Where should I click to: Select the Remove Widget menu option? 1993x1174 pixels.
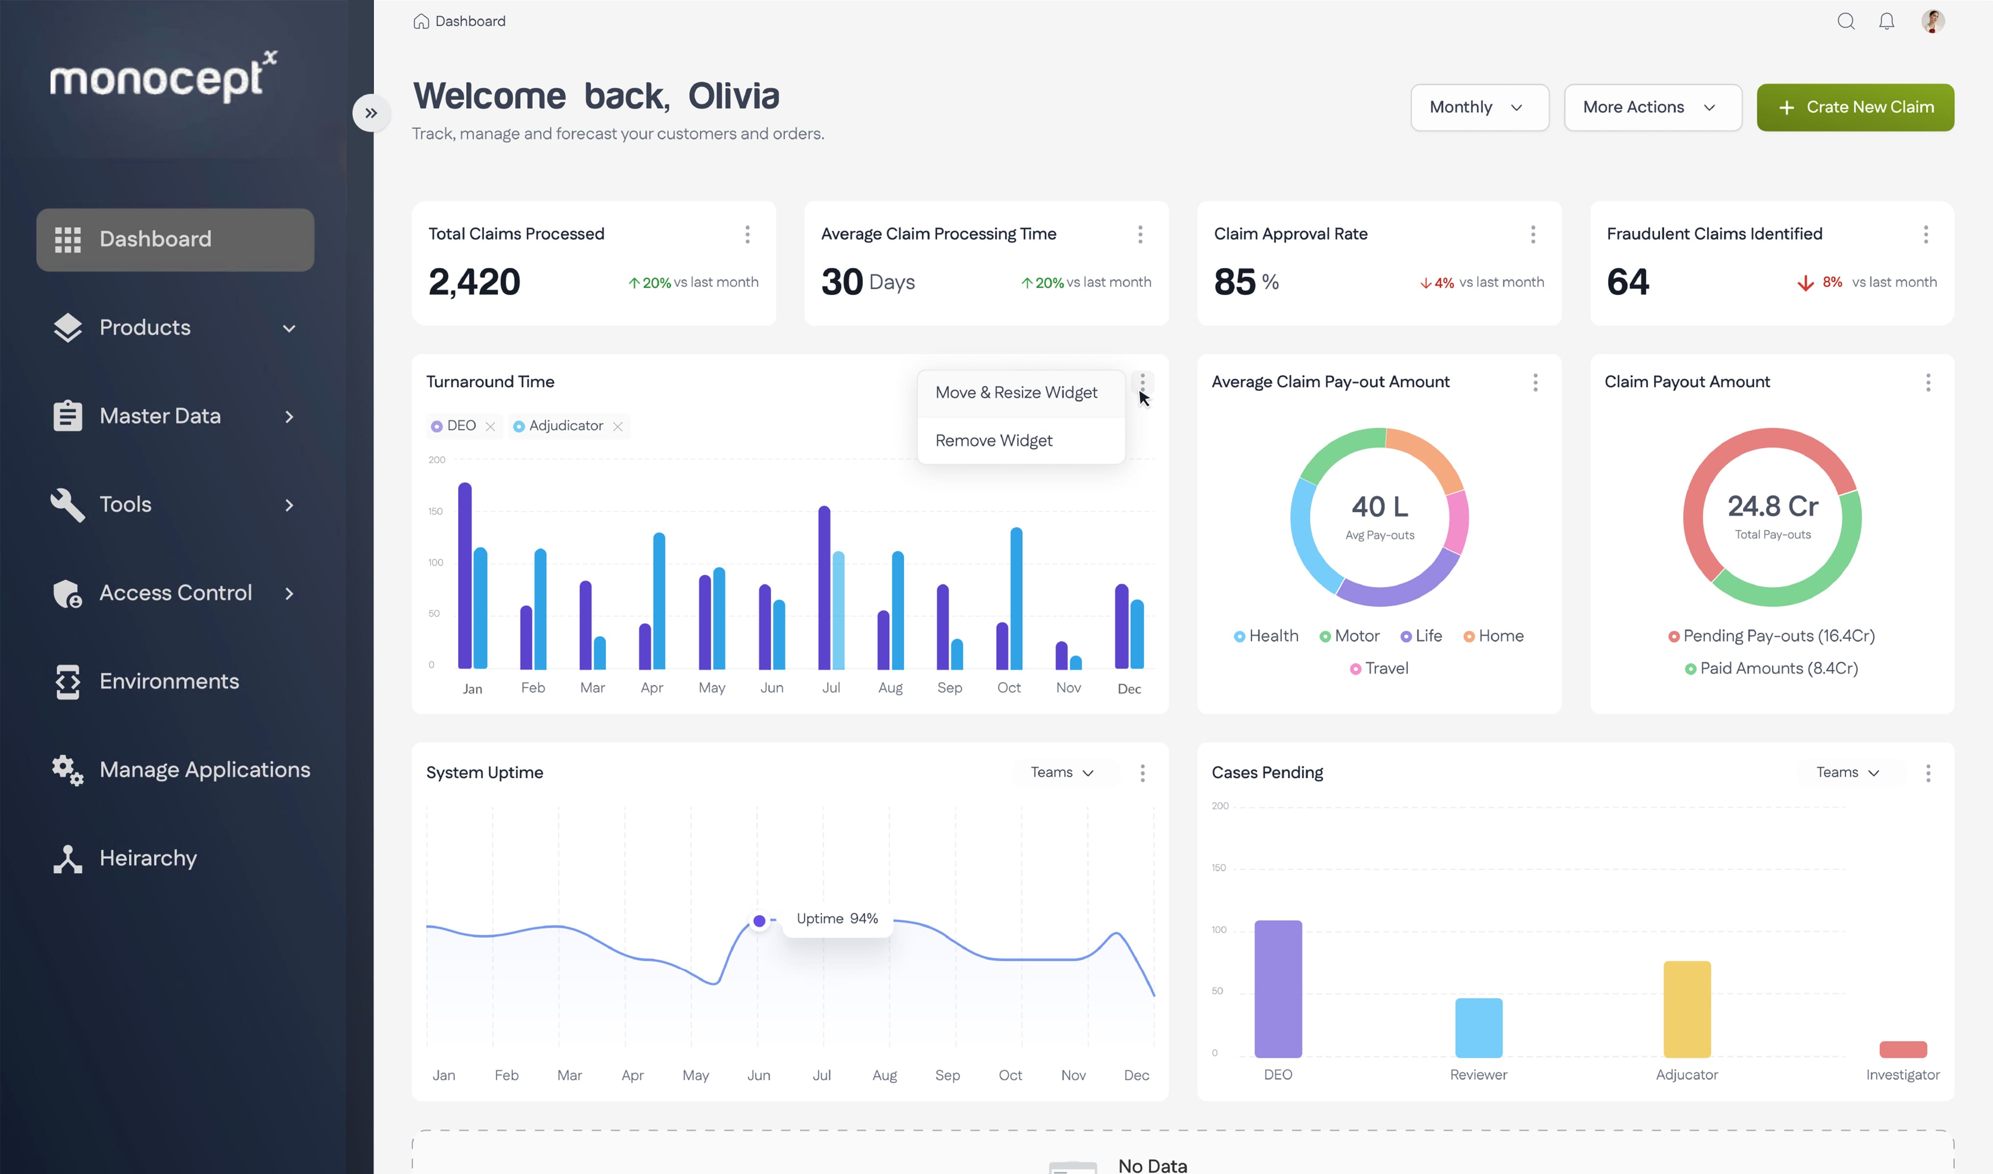(x=994, y=441)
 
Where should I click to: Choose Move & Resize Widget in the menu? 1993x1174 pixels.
(x=1016, y=392)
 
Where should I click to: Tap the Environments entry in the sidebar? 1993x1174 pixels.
(x=168, y=681)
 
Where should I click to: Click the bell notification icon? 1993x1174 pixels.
(x=1886, y=22)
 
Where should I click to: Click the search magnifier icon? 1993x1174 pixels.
(x=1845, y=22)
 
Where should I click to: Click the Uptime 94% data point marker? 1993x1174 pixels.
(x=759, y=920)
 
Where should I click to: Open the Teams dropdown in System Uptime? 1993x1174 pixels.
(x=1062, y=772)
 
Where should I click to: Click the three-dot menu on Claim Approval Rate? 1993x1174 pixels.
(x=1532, y=234)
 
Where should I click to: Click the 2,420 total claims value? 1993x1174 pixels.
(x=474, y=282)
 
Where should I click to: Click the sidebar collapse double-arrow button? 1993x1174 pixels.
(x=371, y=113)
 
